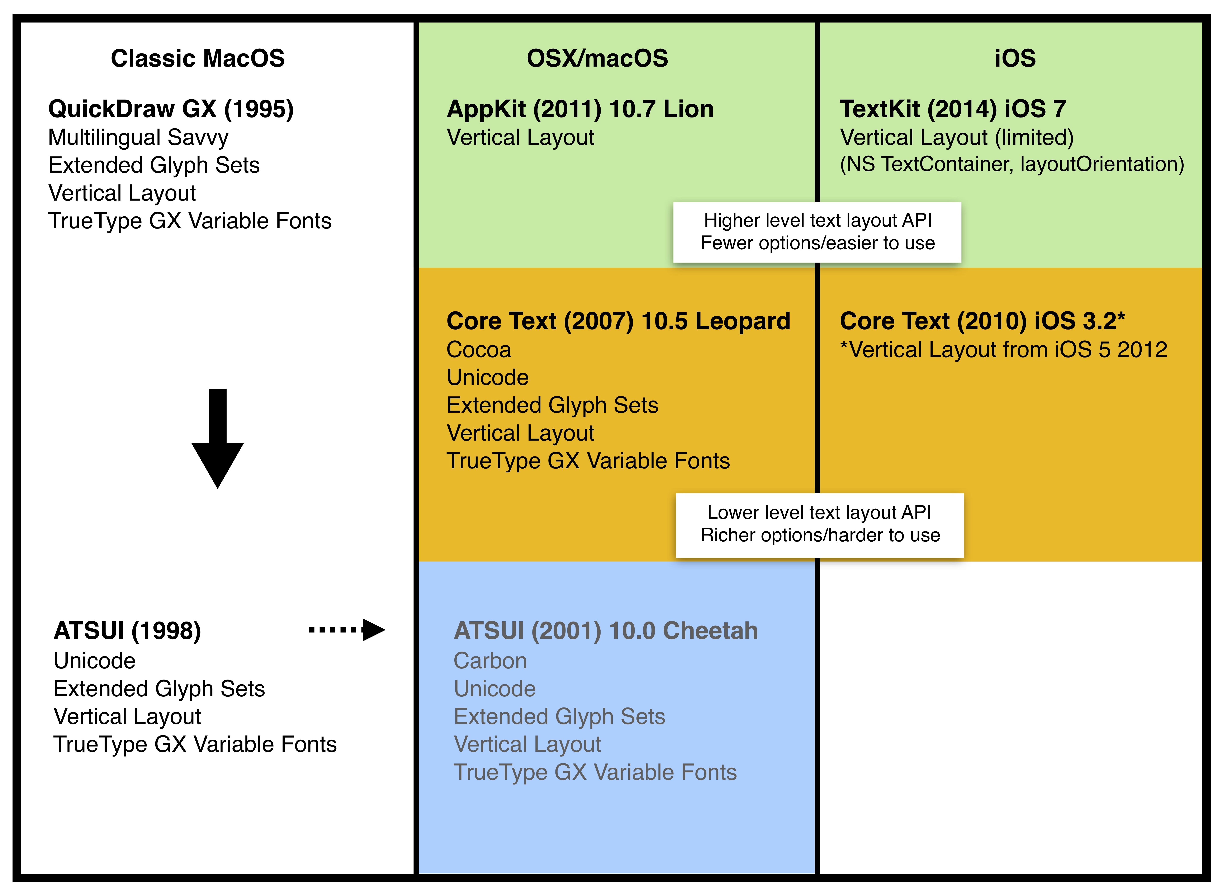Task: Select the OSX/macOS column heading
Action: [x=597, y=58]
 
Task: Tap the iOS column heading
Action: [x=1015, y=58]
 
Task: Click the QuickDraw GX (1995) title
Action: [x=171, y=109]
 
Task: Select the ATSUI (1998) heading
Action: [x=128, y=631]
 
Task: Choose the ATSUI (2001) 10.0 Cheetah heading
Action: [x=606, y=631]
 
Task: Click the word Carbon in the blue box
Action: [x=490, y=661]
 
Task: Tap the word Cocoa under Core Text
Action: [x=479, y=350]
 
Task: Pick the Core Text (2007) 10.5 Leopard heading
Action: [x=618, y=321]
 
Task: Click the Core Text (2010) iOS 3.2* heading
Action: [x=982, y=321]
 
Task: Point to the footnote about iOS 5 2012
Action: [x=1003, y=350]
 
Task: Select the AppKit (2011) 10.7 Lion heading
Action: [x=580, y=109]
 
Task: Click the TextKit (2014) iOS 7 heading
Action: [x=952, y=109]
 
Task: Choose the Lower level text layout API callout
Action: [x=820, y=524]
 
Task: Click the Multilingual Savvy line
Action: [x=138, y=138]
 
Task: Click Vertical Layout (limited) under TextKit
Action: [x=956, y=138]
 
